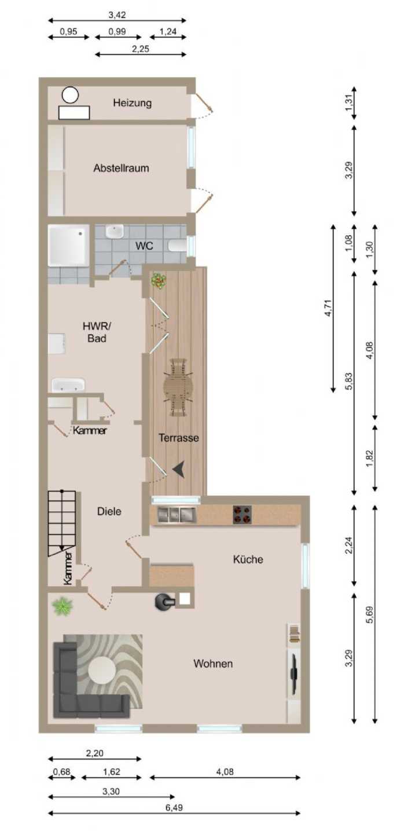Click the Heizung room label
[x=133, y=102]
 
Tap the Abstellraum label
[x=121, y=168]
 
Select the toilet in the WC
[x=177, y=246]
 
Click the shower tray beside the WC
[x=68, y=245]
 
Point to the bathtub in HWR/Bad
[x=68, y=385]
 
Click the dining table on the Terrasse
[x=178, y=387]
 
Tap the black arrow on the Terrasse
[x=179, y=469]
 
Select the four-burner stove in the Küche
[x=243, y=515]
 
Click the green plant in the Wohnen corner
[x=63, y=606]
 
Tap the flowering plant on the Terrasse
[x=159, y=280]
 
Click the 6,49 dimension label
[x=174, y=807]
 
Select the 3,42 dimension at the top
[x=117, y=15]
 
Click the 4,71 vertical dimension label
[x=328, y=307]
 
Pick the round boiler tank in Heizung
[x=71, y=94]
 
